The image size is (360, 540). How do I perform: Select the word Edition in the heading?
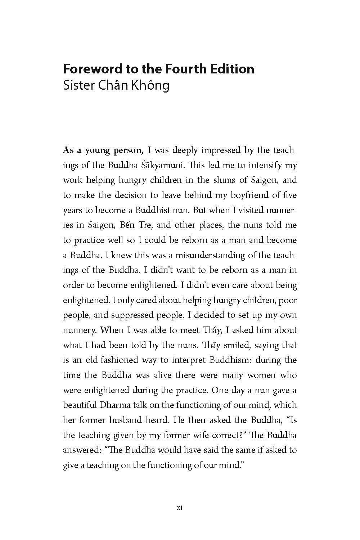point(235,69)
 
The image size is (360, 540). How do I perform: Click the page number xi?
point(180,508)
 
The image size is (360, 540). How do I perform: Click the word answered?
point(80,450)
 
